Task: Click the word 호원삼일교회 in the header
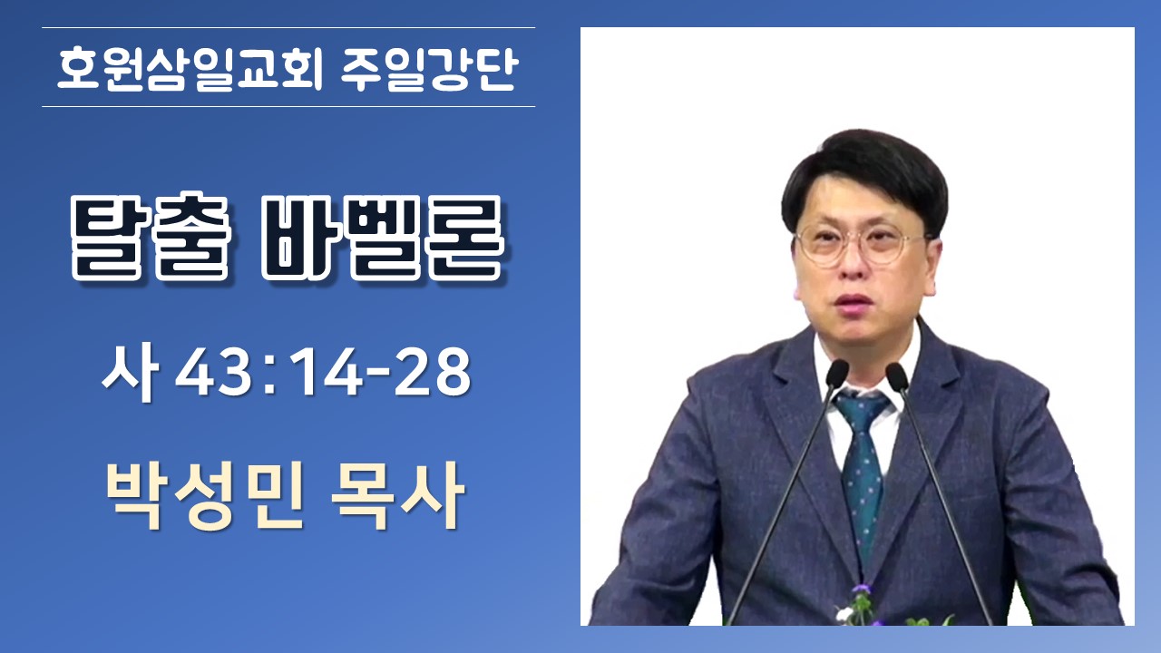click(x=190, y=70)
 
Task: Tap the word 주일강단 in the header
click(x=430, y=70)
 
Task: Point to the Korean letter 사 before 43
click(x=130, y=372)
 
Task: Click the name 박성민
click(x=204, y=495)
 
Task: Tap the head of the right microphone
click(x=897, y=376)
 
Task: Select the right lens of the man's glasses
click(x=890, y=244)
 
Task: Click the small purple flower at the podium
click(x=863, y=590)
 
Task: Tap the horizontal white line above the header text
click(x=288, y=27)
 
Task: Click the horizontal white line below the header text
click(x=288, y=107)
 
